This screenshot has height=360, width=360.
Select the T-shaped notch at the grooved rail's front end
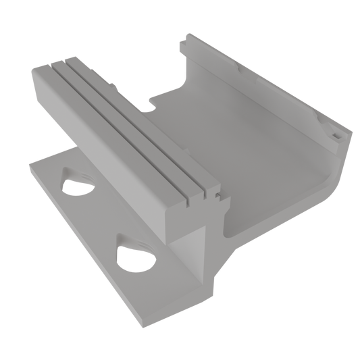pyautogui.click(x=211, y=197)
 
